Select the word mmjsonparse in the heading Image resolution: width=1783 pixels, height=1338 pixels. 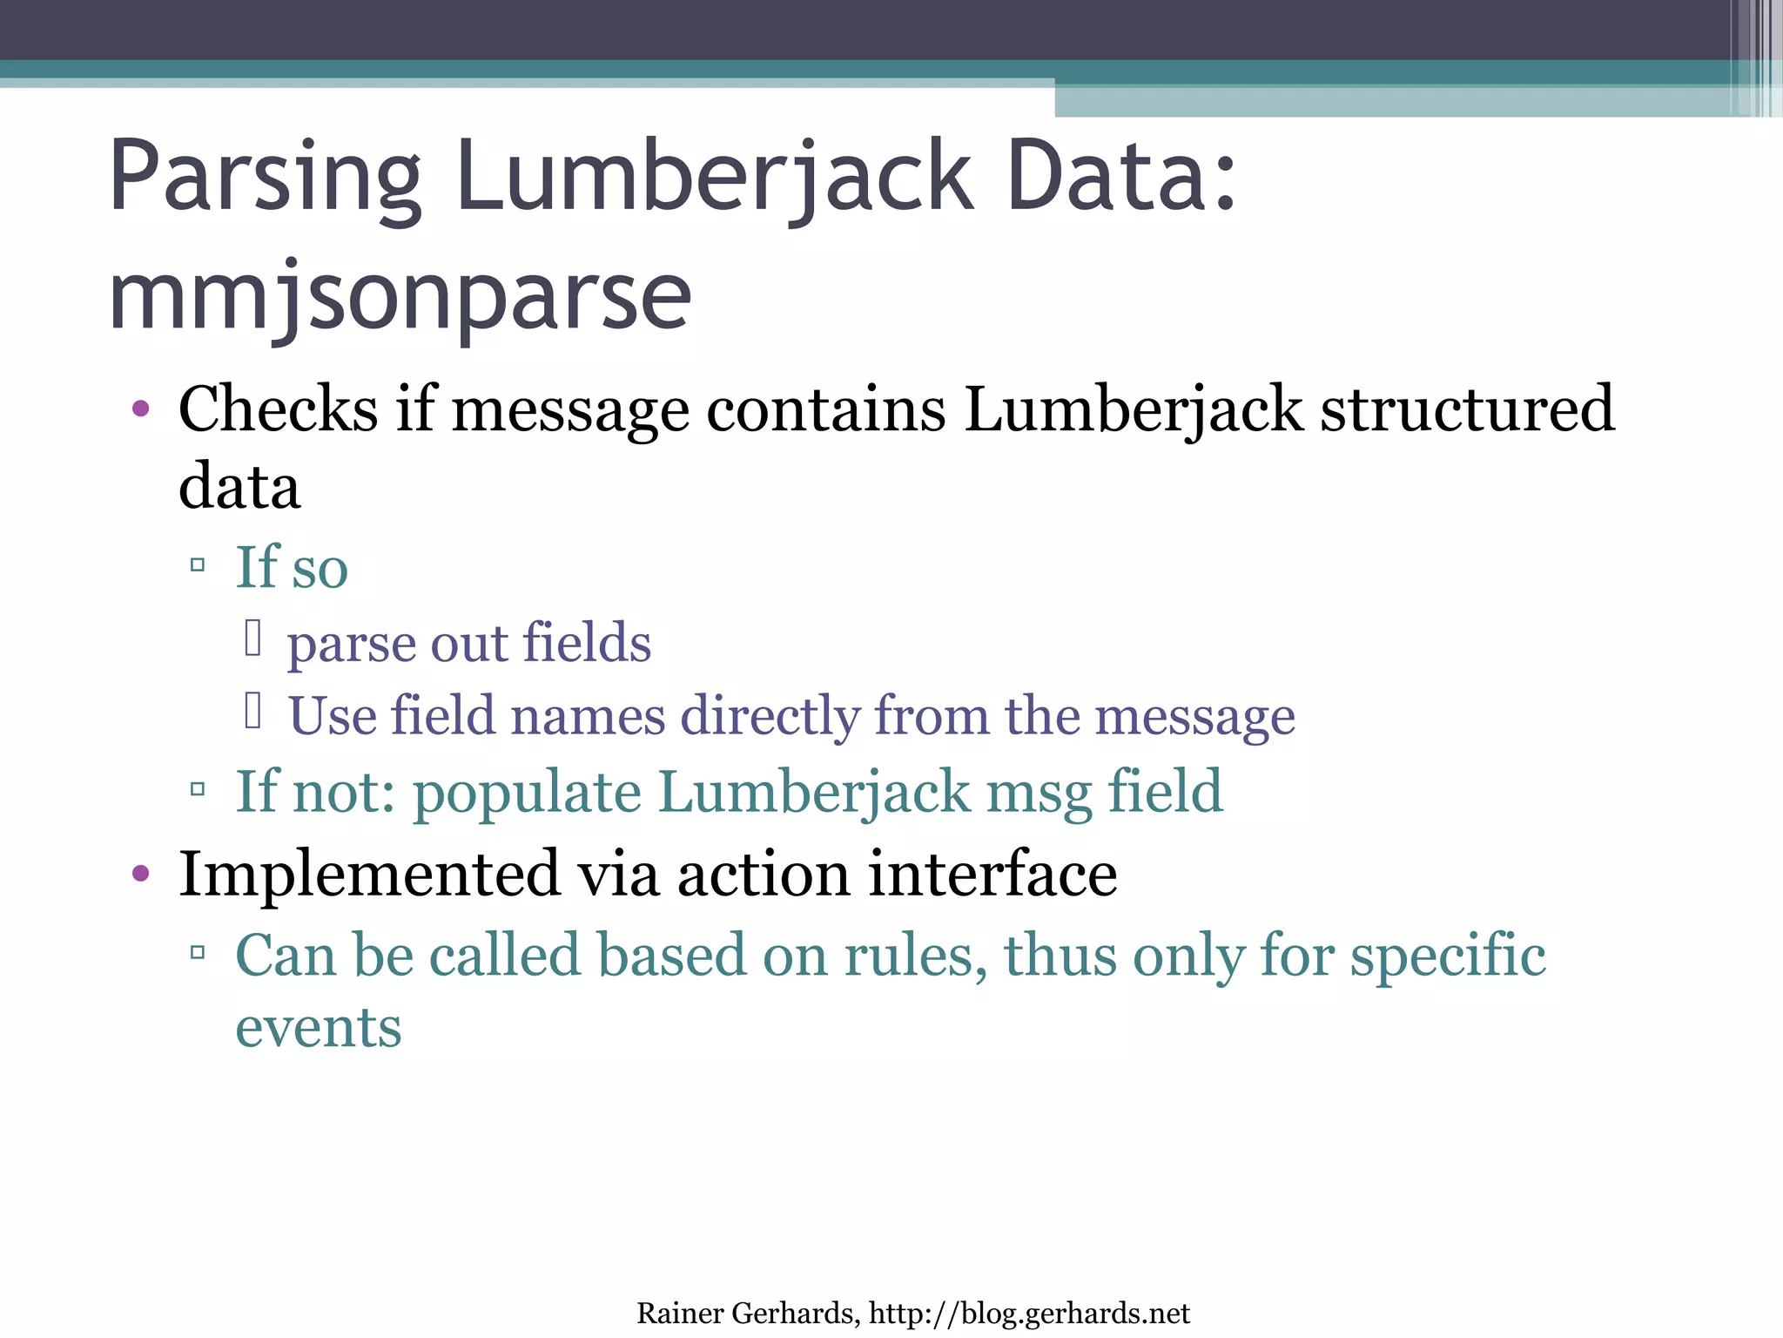point(400,296)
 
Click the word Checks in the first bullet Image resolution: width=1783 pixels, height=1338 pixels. point(278,409)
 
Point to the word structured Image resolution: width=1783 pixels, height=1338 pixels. point(1467,409)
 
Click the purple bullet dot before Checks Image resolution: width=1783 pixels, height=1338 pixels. point(141,409)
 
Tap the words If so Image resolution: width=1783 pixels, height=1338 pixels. point(292,567)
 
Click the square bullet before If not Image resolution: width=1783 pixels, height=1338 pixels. point(198,790)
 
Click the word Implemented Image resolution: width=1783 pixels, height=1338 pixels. point(369,874)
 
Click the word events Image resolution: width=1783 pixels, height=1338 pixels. point(319,1028)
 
